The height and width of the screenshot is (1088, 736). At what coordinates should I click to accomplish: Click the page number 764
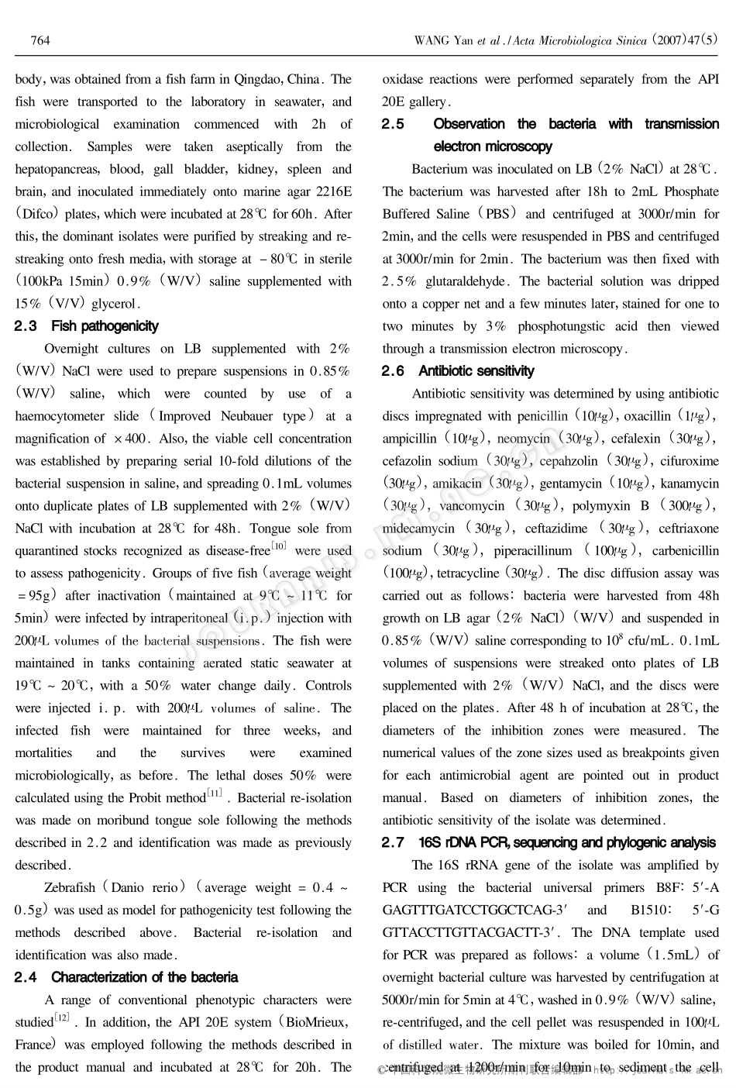click(40, 40)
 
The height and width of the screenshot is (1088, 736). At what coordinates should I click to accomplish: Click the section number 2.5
click(394, 124)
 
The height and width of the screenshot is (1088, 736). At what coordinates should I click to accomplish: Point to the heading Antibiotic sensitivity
click(476, 371)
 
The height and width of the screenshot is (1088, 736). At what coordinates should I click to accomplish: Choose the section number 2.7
click(394, 842)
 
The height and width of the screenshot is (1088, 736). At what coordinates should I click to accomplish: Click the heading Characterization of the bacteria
click(144, 977)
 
